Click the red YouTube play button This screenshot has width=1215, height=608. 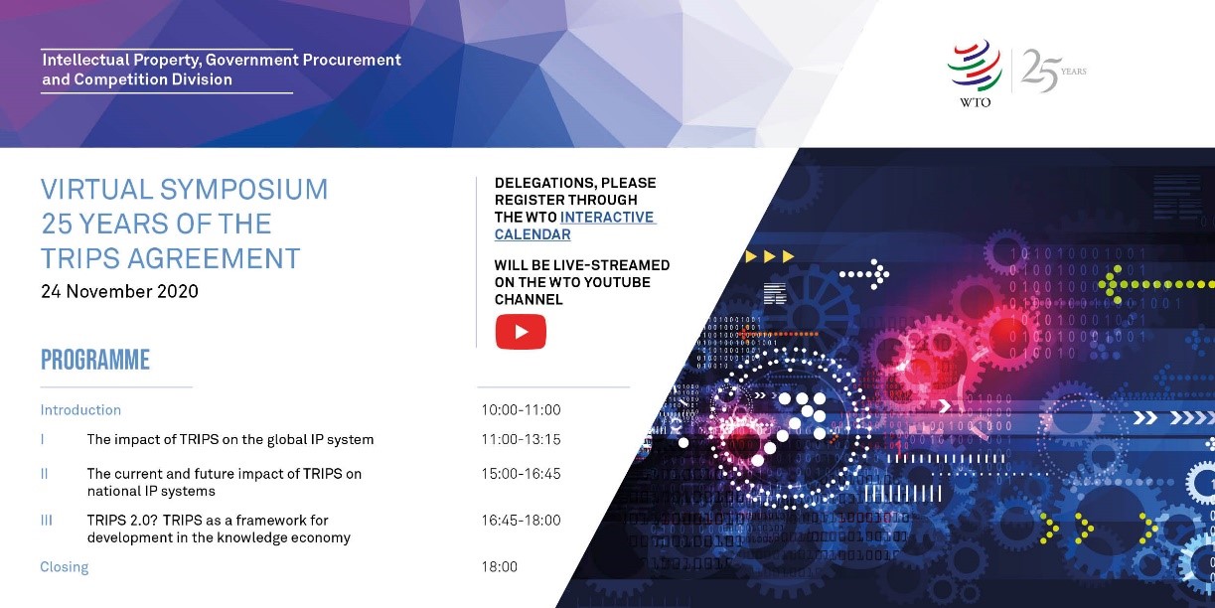point(521,332)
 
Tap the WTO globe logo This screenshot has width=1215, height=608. point(975,67)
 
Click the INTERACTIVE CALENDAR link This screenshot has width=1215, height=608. point(575,226)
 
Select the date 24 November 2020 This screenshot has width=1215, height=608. point(120,291)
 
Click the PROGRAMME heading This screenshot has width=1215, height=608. point(95,360)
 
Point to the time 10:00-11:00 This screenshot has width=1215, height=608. point(521,409)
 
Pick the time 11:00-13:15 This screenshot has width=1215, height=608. point(521,439)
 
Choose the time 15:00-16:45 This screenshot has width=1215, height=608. point(521,474)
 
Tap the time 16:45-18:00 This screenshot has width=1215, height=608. point(521,521)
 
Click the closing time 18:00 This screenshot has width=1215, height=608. point(499,567)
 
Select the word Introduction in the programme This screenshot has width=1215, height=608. point(80,410)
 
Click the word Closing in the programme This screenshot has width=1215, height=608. point(64,567)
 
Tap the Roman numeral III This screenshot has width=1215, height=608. point(46,521)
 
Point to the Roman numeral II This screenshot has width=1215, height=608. point(44,474)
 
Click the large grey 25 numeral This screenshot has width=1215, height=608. point(1040,71)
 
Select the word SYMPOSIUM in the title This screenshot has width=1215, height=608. point(244,190)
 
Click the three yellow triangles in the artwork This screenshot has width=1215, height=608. point(770,256)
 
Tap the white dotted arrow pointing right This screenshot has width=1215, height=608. point(864,274)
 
